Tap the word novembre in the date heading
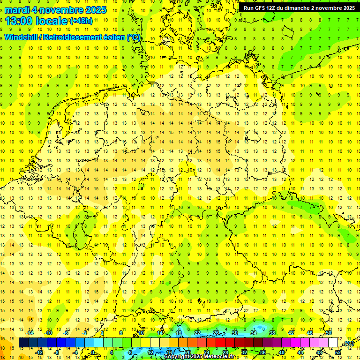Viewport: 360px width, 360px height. click(64, 10)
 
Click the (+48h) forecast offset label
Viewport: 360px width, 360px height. click(81, 21)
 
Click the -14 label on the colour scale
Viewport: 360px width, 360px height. click(30, 333)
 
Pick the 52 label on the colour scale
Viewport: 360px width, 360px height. click(338, 352)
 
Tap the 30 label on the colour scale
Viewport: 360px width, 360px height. click(235, 333)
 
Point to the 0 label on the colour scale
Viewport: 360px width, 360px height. click(93, 352)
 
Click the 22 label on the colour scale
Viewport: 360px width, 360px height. click(197, 333)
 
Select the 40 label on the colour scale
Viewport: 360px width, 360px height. click(282, 352)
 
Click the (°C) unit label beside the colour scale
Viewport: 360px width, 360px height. click(348, 343)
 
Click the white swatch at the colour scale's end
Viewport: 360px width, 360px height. click(333, 343)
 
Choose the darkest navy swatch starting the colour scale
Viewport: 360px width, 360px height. click(24, 343)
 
